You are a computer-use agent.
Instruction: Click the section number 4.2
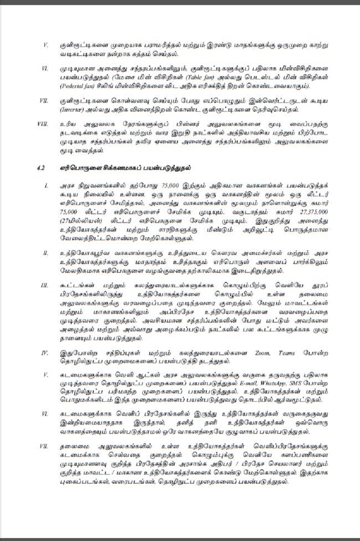click(x=41, y=168)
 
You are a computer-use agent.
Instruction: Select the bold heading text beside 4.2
click(x=126, y=168)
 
